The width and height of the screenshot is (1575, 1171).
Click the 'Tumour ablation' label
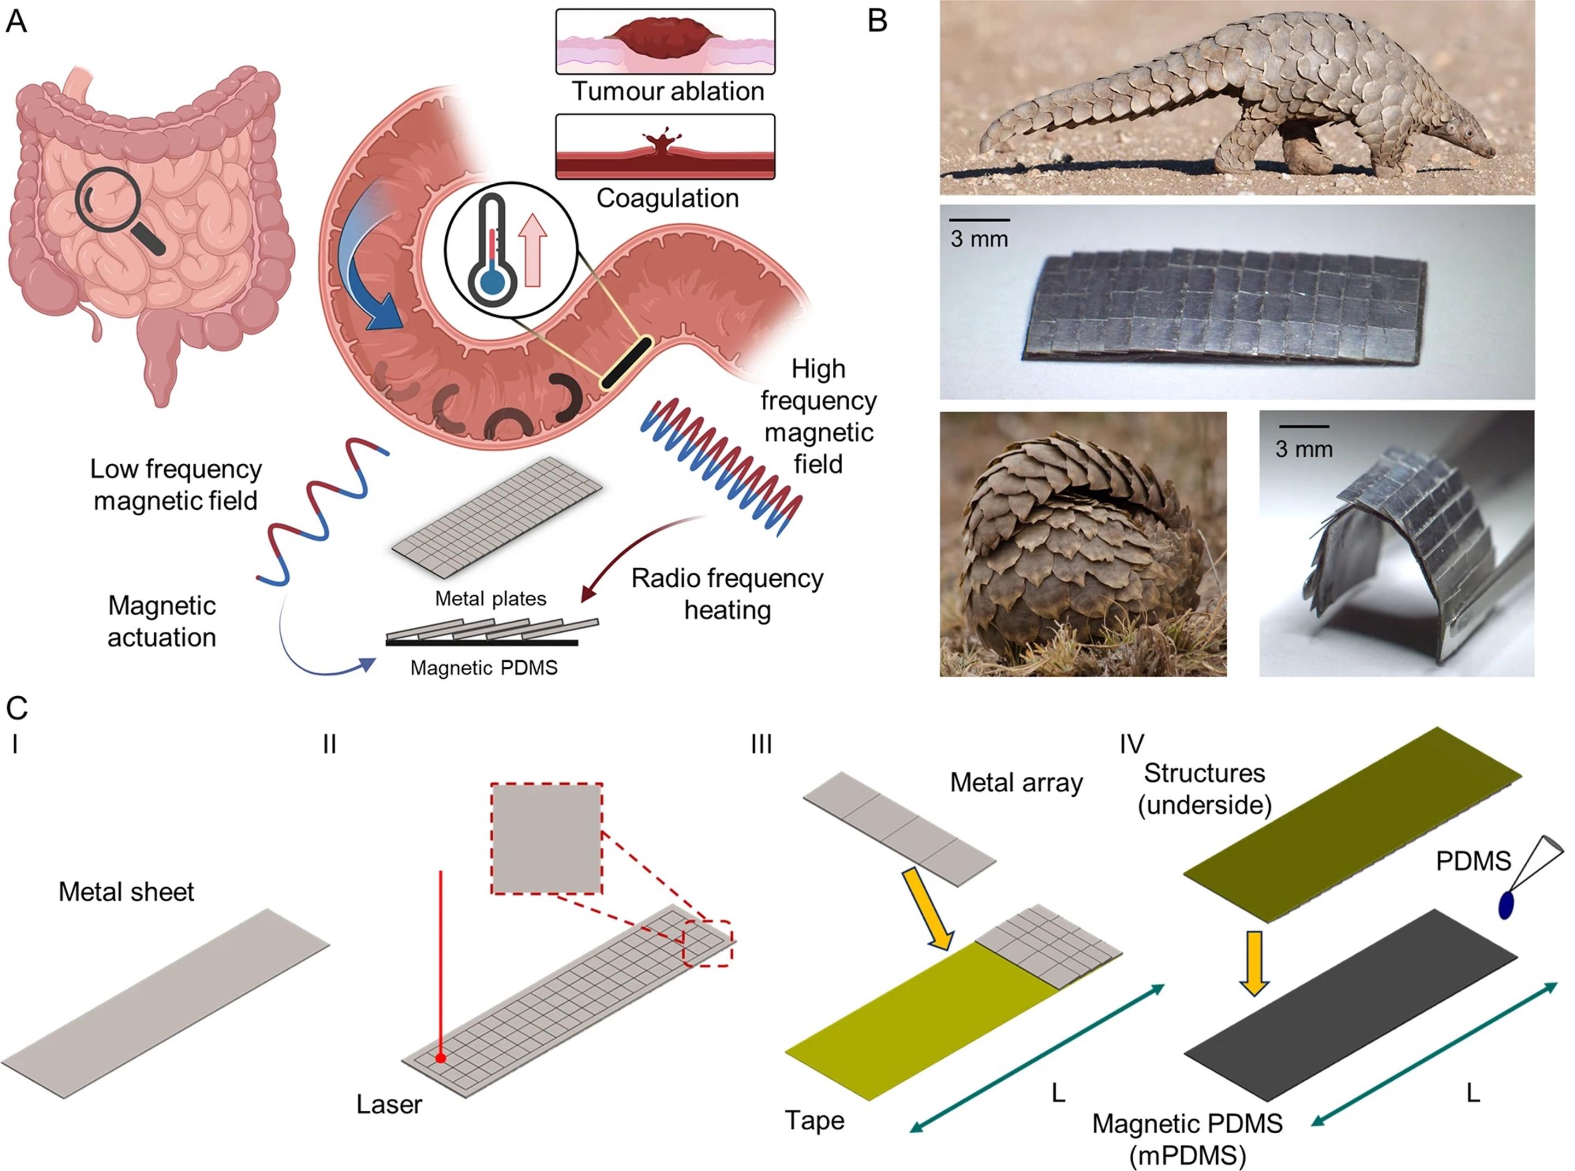(x=668, y=92)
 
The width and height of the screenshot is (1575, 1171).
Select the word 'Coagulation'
(x=667, y=199)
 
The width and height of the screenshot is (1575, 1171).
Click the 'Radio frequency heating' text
(x=727, y=594)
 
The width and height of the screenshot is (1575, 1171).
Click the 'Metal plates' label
(x=491, y=599)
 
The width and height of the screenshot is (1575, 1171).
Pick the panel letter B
(x=878, y=21)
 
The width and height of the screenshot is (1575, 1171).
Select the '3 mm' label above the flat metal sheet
(x=979, y=240)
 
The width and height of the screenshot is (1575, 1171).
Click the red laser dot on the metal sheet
(x=441, y=1058)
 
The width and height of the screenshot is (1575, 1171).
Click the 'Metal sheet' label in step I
(x=126, y=892)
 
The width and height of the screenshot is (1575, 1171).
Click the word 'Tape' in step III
(x=814, y=1121)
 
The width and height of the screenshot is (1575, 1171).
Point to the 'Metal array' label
(x=1016, y=783)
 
